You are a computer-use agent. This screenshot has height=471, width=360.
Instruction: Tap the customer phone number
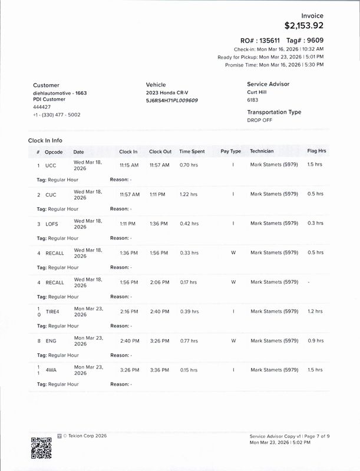pyautogui.click(x=57, y=114)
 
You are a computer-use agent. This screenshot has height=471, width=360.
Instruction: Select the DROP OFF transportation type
pyautogui.click(x=260, y=120)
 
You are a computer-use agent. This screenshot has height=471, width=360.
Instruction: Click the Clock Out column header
pyautogui.click(x=160, y=151)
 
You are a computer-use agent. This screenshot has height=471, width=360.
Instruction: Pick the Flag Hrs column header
pyautogui.click(x=316, y=151)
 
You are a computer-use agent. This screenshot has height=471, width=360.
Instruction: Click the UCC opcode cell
pyautogui.click(x=50, y=165)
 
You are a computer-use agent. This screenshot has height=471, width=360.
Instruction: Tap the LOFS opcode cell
pyautogui.click(x=51, y=224)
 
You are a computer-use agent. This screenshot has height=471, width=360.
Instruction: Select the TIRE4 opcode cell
pyautogui.click(x=54, y=311)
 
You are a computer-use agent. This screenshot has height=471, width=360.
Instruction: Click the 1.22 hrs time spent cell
pyautogui.click(x=189, y=194)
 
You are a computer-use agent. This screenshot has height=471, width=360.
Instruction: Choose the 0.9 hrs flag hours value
pyautogui.click(x=315, y=340)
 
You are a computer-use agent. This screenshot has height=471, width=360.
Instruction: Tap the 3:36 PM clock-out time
pyautogui.click(x=159, y=370)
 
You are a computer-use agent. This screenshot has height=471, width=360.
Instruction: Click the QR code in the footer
pyautogui.click(x=41, y=447)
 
